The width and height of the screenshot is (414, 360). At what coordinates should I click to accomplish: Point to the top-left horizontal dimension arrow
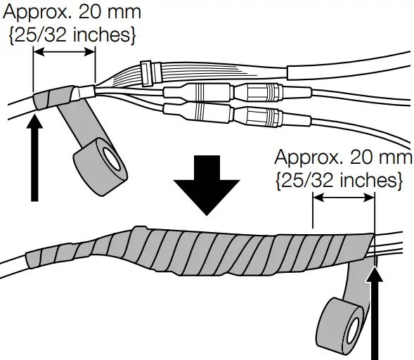tap(64, 51)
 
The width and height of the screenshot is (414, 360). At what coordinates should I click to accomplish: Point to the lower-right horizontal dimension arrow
tap(343, 199)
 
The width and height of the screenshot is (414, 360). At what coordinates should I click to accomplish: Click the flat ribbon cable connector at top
tap(147, 70)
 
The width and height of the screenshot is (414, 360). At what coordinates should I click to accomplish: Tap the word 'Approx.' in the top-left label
tap(34, 12)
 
